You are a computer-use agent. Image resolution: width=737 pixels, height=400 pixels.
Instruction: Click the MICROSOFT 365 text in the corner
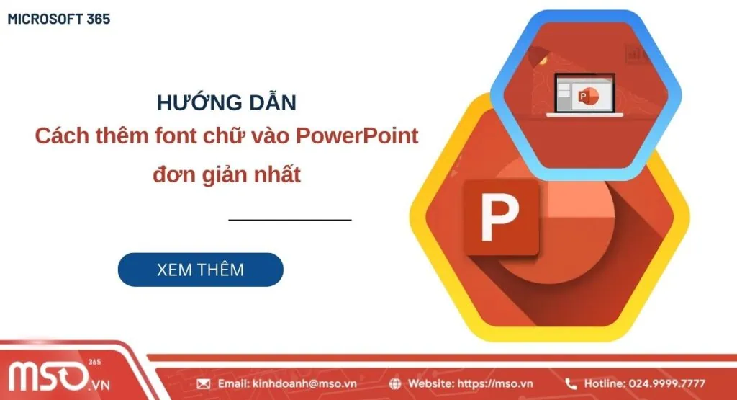click(x=59, y=19)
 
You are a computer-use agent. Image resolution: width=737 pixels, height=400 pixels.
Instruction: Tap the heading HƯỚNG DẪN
click(x=226, y=103)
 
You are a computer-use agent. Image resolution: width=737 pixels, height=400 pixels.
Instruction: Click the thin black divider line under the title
click(x=290, y=218)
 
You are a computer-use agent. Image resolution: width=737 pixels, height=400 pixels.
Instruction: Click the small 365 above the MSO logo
click(x=95, y=362)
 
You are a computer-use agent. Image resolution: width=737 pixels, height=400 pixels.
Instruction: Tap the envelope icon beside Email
click(x=204, y=384)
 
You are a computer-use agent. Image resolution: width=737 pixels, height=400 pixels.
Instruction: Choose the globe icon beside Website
click(x=395, y=384)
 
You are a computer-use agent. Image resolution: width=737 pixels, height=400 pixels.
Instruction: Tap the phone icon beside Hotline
click(x=571, y=384)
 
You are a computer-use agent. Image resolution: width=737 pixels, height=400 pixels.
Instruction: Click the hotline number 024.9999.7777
click(x=666, y=384)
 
